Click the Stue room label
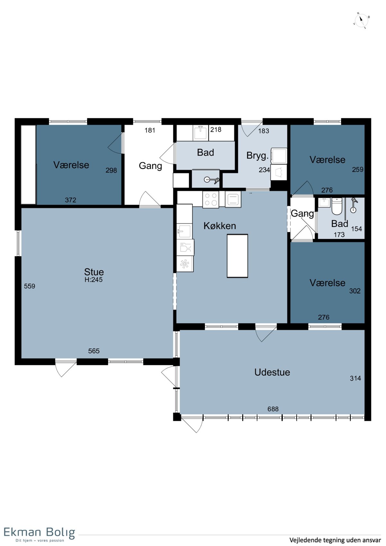tap(94, 272)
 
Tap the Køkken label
tap(220, 226)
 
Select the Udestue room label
tap(272, 372)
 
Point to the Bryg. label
tap(257, 155)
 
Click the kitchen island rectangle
tap(237, 256)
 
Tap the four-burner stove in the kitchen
tap(211, 199)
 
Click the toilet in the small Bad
tap(337, 206)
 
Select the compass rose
tap(361, 21)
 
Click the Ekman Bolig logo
tap(39, 534)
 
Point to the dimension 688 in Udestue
tap(273, 409)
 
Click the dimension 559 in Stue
tap(30, 286)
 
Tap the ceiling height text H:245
tap(94, 280)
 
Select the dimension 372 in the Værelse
tap(70, 200)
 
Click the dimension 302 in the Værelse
tap(354, 291)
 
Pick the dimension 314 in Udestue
tap(355, 378)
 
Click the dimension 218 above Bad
tap(216, 129)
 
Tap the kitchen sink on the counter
tap(184, 231)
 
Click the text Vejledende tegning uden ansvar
tap(335, 540)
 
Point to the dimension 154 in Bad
tap(356, 229)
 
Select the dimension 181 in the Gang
tap(150, 130)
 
